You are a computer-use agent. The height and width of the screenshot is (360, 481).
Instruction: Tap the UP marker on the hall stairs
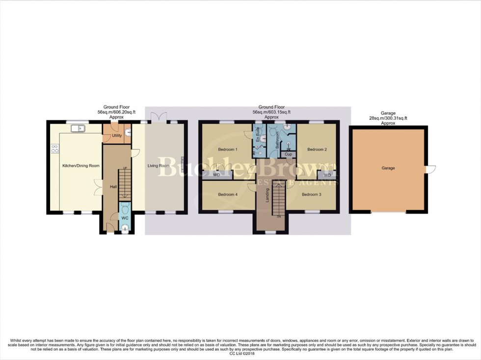(125, 169)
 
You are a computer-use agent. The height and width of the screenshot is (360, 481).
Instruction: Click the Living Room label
(159, 166)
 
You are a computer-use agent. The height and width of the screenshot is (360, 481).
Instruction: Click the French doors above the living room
(158, 118)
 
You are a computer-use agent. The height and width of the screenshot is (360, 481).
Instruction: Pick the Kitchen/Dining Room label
(80, 166)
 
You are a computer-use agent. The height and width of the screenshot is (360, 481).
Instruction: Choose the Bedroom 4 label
(227, 195)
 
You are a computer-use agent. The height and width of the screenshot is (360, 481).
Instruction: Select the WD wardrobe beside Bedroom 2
(327, 175)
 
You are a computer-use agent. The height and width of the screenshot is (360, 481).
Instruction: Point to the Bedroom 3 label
(312, 195)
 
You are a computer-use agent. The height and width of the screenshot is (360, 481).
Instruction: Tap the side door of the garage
(430, 169)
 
